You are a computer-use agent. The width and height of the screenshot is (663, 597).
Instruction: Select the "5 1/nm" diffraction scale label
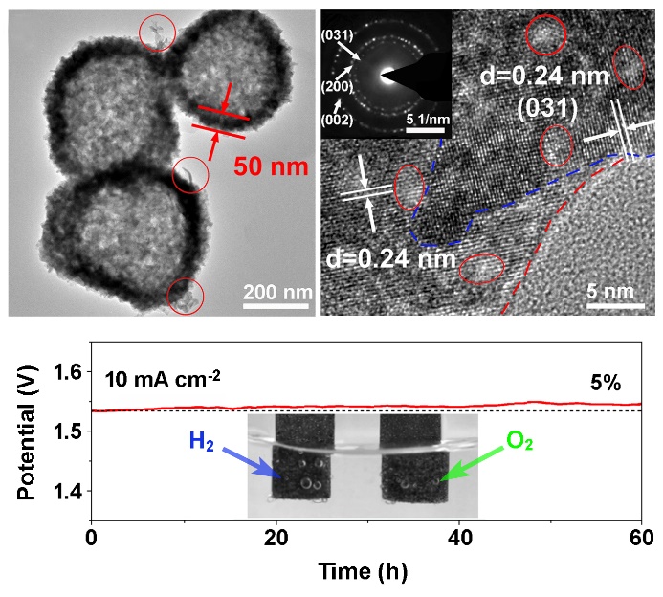point(424,119)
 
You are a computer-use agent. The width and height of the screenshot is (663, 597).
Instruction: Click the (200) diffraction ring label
point(340,87)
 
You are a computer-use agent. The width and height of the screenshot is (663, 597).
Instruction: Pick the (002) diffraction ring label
point(340,120)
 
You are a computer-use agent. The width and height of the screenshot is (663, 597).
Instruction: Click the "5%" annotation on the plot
point(605,384)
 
